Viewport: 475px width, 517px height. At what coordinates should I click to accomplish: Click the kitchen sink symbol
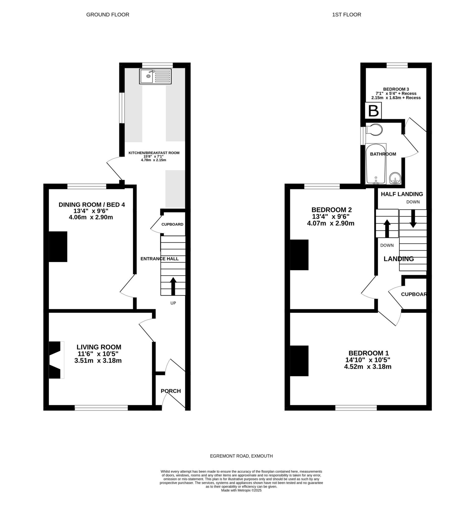coord(155,76)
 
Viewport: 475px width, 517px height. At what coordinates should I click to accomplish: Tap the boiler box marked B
coord(373,111)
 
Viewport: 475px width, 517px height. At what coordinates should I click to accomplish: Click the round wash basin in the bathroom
coord(395,178)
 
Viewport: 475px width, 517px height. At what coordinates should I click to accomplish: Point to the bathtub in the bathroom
coord(376,164)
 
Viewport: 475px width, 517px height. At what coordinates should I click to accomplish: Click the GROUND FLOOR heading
coord(108,15)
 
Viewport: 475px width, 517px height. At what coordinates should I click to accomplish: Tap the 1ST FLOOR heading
coord(346,15)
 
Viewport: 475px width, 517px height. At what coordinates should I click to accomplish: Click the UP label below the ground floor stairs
coord(173,303)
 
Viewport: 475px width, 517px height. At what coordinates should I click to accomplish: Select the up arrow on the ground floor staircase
coord(173,286)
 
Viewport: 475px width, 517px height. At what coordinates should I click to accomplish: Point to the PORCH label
coord(171,391)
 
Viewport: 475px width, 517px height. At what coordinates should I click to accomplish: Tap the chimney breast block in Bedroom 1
coord(299,361)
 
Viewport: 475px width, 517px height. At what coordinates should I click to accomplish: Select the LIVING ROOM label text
coord(99,347)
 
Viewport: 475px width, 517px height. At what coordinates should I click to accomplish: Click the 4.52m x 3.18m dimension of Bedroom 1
coord(368,367)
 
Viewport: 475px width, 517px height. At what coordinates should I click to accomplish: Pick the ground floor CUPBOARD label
coord(172,224)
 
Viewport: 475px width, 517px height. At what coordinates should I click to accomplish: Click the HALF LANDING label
coord(402,194)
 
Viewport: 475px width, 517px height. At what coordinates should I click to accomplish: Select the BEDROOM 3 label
coord(396,89)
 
